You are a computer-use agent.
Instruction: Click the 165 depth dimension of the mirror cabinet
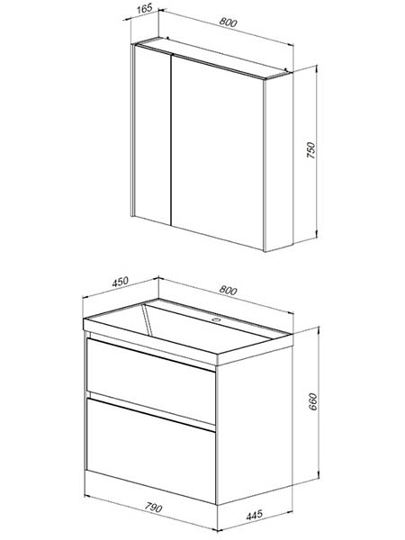pyautogui.click(x=144, y=9)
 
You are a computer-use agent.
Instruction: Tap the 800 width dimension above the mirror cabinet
pyautogui.click(x=228, y=22)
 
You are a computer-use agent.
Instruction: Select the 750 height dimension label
pyautogui.click(x=310, y=150)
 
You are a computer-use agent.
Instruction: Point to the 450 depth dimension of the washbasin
pyautogui.click(x=121, y=282)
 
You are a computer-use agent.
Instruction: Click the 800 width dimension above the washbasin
pyautogui.click(x=228, y=291)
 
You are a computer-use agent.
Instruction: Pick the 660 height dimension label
pyautogui.click(x=312, y=401)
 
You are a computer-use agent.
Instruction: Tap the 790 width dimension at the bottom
pyautogui.click(x=153, y=508)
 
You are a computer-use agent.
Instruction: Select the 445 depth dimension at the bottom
pyautogui.click(x=254, y=515)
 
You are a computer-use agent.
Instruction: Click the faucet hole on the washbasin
pyautogui.click(x=216, y=319)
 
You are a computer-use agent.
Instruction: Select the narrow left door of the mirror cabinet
pyautogui.click(x=153, y=134)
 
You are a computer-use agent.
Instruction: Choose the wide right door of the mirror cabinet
pyautogui.click(x=218, y=151)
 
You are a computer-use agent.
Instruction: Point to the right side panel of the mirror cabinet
pyautogui.click(x=279, y=162)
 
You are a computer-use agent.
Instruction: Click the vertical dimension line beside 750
pyautogui.click(x=317, y=151)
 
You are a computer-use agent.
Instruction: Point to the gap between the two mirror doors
pyautogui.click(x=171, y=139)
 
